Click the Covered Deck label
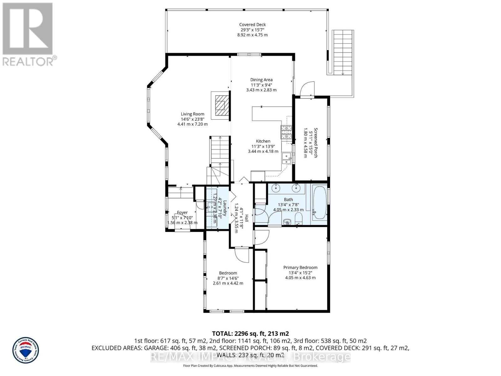coord(252,25)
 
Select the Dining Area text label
coord(261,80)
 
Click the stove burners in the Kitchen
coord(286,132)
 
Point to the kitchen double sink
coord(287,159)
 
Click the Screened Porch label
coord(316,143)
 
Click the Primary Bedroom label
coord(300,268)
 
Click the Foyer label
coord(182,213)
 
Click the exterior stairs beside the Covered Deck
coord(343,52)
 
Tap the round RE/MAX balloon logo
coord(26,350)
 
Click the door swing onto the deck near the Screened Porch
coord(307,89)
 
